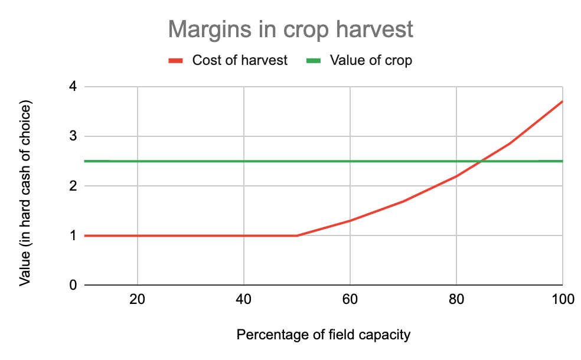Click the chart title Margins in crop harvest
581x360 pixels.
coord(290,30)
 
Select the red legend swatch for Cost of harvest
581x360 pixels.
coord(175,60)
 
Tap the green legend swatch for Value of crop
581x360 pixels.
coord(314,60)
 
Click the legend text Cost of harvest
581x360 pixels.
coord(240,60)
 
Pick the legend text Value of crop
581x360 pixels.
coord(371,60)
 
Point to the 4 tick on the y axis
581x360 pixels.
coord(73,87)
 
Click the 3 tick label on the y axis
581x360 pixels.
coord(73,136)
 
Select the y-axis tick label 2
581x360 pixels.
coord(73,186)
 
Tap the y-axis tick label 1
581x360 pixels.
coord(73,235)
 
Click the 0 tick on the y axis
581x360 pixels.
coord(73,285)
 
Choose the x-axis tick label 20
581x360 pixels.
coord(137,299)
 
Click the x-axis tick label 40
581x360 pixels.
coord(243,299)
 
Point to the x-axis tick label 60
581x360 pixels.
coord(350,299)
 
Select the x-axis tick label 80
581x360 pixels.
coord(456,299)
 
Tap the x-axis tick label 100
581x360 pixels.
coord(563,299)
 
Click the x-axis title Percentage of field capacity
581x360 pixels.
coord(324,335)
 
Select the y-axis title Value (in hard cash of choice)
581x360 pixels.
coord(25,193)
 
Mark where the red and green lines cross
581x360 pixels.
coord(481,161)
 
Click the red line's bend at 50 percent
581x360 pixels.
coord(297,235)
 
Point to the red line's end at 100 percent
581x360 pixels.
coord(563,101)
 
